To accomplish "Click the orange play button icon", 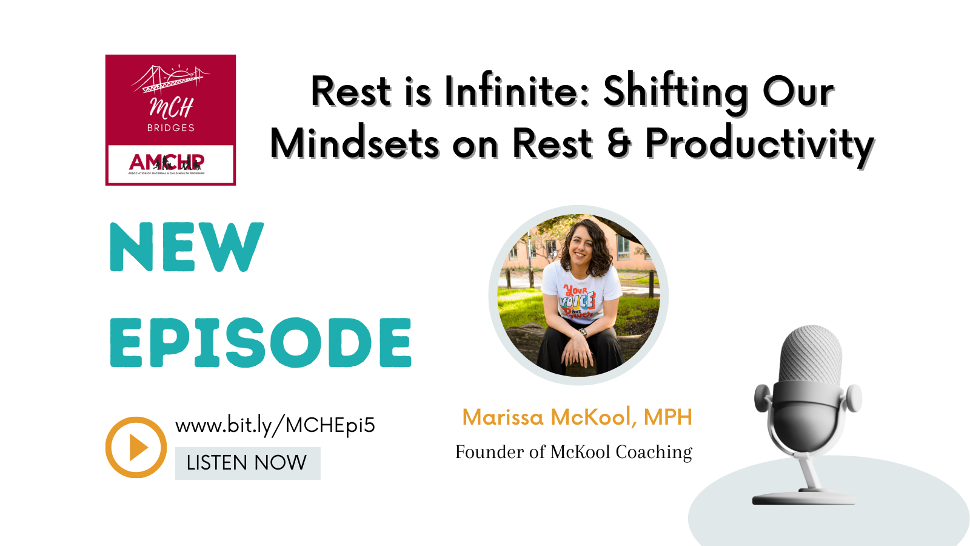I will [136, 447].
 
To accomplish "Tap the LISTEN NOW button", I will [247, 463].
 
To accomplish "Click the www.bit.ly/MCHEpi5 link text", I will [275, 425].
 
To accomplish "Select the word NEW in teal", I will [186, 247].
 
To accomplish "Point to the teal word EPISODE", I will [261, 343].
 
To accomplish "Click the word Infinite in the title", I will [517, 92].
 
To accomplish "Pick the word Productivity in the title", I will [759, 144].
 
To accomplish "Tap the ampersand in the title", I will [618, 144].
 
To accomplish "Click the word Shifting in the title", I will [675, 92].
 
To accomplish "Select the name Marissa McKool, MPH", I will [577, 417].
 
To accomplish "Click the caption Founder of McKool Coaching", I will [574, 452].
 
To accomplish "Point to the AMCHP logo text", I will [167, 162].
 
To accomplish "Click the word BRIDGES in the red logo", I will [171, 128].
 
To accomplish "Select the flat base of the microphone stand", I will [803, 499].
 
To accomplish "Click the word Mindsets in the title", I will [354, 144].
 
